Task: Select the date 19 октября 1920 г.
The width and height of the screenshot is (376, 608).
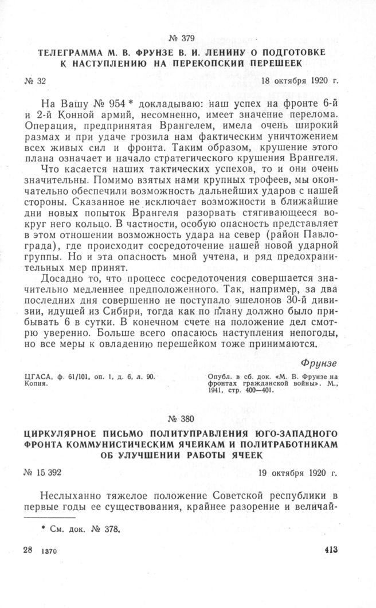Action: [297, 473]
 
